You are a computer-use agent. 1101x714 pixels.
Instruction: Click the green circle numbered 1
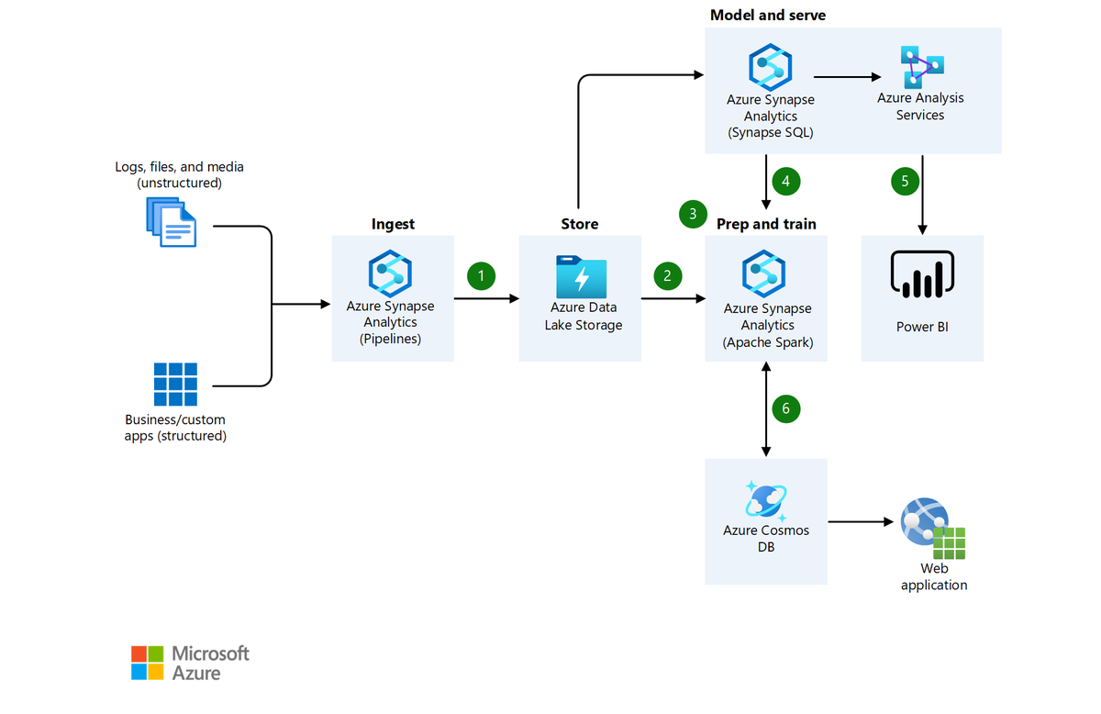[x=482, y=275]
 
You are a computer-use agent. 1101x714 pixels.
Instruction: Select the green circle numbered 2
[x=668, y=275]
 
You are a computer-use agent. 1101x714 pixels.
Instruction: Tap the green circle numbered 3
[x=693, y=214]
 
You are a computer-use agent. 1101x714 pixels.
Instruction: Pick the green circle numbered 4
[x=786, y=181]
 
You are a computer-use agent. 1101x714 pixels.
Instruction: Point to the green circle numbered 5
[x=906, y=181]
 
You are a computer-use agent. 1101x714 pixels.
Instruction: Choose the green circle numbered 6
[x=786, y=408]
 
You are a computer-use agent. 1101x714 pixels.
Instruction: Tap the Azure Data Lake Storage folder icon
[x=581, y=275]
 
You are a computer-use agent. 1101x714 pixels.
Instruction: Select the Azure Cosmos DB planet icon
[x=765, y=499]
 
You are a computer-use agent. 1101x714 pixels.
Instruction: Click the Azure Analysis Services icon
[x=921, y=66]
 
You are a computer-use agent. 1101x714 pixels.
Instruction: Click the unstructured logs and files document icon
[x=172, y=221]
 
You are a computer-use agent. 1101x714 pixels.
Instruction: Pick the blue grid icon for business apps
[x=175, y=384]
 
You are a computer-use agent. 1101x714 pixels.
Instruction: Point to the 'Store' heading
[x=580, y=224]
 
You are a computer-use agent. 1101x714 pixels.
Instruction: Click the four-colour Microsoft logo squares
[x=147, y=663]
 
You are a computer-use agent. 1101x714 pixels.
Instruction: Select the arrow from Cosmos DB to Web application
[x=861, y=522]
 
